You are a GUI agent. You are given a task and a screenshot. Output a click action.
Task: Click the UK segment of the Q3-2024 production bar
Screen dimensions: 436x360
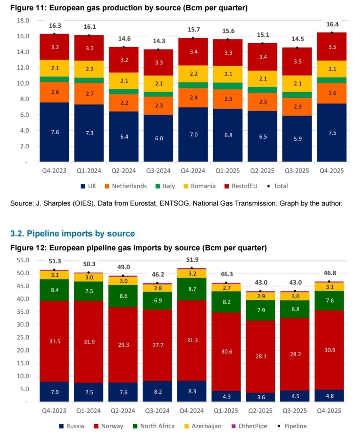click(159, 138)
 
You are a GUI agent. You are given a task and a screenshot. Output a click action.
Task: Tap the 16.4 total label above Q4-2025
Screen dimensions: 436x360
click(332, 24)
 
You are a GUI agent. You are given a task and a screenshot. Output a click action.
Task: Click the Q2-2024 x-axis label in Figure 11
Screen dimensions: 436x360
click(123, 171)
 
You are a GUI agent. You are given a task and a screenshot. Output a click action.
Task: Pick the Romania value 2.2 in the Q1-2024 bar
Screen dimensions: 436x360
click(89, 69)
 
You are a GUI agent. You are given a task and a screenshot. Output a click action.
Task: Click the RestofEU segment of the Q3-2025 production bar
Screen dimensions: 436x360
click(297, 61)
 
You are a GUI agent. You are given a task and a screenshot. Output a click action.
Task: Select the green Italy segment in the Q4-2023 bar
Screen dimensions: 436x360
click(55, 79)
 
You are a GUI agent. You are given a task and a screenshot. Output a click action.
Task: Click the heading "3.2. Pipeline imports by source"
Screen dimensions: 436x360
click(72, 233)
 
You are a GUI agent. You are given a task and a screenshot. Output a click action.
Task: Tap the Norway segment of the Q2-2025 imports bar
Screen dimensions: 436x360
click(261, 356)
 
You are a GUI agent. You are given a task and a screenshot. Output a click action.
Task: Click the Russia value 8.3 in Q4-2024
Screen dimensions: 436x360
click(192, 392)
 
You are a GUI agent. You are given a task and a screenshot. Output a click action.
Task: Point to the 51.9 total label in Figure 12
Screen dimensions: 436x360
click(192, 260)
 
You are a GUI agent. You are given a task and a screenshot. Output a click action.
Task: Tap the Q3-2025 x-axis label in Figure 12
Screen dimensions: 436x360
click(295, 411)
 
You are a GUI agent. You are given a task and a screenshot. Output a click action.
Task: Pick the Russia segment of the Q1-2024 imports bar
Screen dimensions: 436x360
click(89, 392)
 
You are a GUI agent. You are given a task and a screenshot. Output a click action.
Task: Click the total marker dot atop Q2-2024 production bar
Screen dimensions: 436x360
click(123, 47)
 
